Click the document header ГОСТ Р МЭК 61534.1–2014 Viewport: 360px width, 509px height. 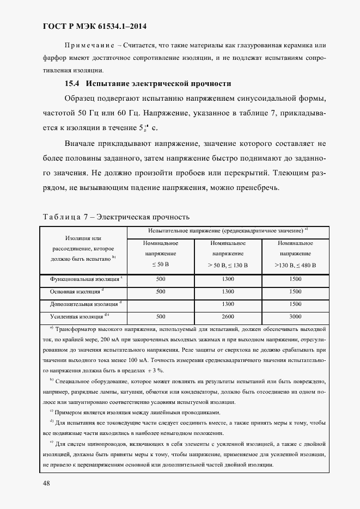[x=94, y=26]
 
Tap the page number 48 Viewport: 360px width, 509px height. [x=46, y=483]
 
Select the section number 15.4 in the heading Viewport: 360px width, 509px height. [x=72, y=84]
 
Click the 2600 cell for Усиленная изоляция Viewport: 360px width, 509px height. [x=228, y=316]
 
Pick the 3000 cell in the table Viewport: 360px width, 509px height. [x=296, y=316]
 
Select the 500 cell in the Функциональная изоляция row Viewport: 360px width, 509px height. [x=160, y=279]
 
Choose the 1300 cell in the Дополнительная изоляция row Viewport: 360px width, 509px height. [x=228, y=304]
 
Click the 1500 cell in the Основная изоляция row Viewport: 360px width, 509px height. [x=296, y=291]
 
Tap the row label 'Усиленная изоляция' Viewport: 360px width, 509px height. [x=73, y=316]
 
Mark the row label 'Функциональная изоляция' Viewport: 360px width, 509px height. [x=84, y=279]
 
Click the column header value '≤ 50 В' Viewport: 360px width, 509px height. [x=160, y=265]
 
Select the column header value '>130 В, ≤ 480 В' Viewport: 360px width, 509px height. [x=296, y=265]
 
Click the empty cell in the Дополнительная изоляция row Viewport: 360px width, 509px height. [x=160, y=304]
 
